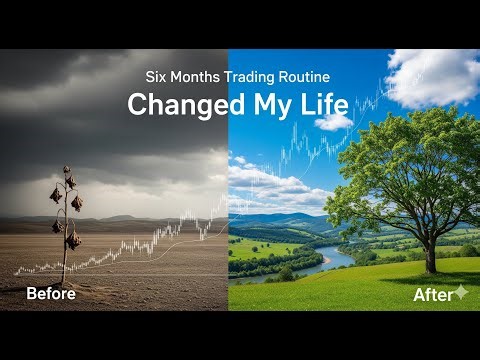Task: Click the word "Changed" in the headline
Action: pos(180,105)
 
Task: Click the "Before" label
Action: pos(50,294)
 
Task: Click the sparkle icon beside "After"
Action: pos(461,292)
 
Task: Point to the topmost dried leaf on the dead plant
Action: pos(70,181)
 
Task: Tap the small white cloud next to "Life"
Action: pos(335,121)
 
